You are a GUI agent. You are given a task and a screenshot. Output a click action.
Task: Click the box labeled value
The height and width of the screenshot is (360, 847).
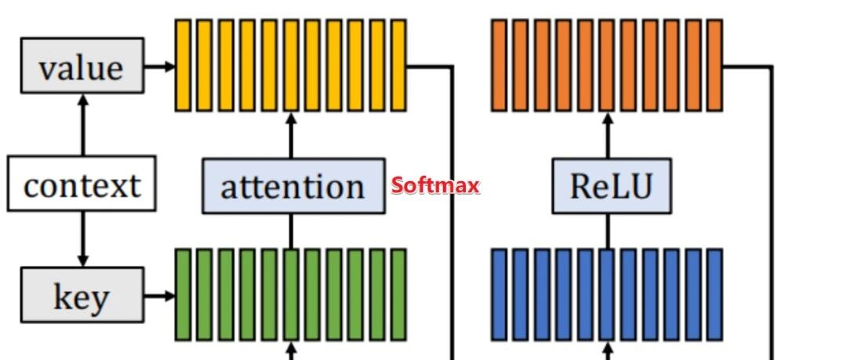[x=82, y=66]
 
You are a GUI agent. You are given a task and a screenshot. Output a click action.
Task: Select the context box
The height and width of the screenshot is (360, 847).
[x=82, y=184]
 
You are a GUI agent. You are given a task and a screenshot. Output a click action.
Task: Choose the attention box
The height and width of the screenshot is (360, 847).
[x=293, y=185]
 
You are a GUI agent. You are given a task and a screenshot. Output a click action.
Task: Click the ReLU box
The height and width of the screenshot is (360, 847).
[x=611, y=185]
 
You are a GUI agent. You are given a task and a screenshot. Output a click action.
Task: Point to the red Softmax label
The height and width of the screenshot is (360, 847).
[x=435, y=186]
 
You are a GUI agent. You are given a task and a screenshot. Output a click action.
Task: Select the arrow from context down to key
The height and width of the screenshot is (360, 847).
[x=82, y=239]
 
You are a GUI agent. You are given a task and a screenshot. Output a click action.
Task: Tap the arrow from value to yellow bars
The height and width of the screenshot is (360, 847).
[x=159, y=66]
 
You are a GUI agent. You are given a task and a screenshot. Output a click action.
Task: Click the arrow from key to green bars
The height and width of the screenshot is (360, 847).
[x=159, y=296]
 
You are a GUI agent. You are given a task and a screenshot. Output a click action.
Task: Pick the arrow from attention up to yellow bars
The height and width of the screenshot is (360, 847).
[x=291, y=135]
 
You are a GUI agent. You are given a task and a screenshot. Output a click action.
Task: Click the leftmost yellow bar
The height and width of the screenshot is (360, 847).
[x=182, y=65]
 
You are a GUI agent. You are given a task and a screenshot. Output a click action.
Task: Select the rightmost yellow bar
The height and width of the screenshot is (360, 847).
[x=398, y=65]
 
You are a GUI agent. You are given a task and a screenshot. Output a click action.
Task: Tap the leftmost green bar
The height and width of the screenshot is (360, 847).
[x=182, y=295]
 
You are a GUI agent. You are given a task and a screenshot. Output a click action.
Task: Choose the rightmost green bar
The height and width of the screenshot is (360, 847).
[x=398, y=295]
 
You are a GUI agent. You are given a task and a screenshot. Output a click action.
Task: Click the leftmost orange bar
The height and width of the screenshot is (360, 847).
[x=499, y=65]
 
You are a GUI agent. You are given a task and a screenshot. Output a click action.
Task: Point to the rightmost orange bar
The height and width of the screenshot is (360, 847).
[x=714, y=65]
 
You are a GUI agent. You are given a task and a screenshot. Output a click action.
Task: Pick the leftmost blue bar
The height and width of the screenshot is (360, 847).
[x=499, y=295]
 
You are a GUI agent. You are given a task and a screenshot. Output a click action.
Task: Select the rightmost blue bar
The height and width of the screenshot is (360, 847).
[x=714, y=295]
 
